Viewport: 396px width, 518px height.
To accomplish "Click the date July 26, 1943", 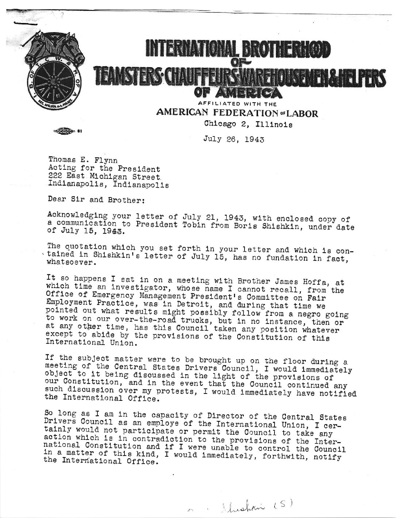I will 234,139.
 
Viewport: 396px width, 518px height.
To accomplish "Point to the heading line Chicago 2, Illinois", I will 248,124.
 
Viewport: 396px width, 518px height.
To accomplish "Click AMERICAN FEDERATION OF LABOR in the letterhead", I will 237,113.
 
